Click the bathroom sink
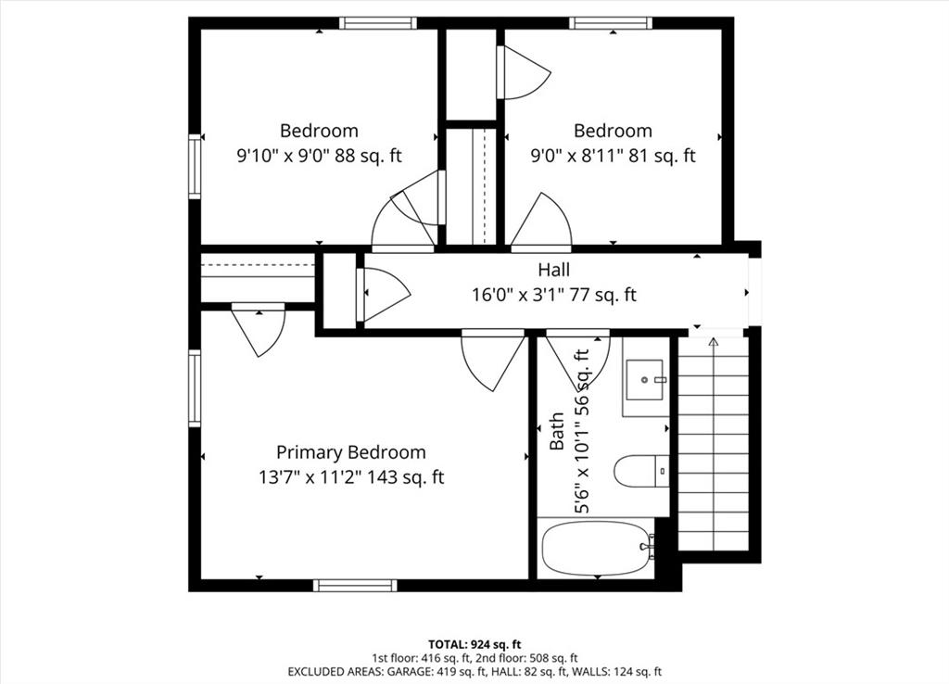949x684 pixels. click(645, 379)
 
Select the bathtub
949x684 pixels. click(597, 549)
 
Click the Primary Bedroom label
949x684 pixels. click(351, 452)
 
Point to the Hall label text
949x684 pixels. click(554, 270)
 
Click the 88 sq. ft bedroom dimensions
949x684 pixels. click(319, 156)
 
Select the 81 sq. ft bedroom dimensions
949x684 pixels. click(614, 156)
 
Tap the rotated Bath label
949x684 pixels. click(557, 431)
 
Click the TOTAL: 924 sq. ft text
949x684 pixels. click(474, 644)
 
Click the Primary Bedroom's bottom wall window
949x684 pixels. click(355, 586)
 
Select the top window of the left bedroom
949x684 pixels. click(378, 23)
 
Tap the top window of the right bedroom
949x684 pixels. click(611, 23)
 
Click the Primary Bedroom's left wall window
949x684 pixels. click(195, 388)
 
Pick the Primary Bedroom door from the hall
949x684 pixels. click(493, 360)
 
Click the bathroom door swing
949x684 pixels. click(577, 360)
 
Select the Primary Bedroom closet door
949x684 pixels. click(259, 330)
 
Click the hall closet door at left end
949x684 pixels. click(384, 295)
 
